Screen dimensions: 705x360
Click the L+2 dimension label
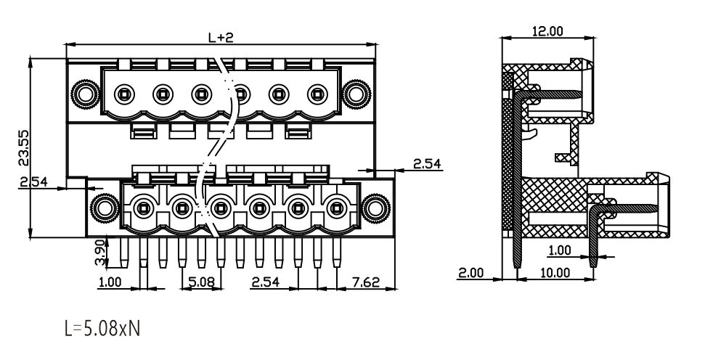pos(221,37)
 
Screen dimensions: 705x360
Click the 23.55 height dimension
pos(23,148)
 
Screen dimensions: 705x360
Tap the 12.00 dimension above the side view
pos(547,31)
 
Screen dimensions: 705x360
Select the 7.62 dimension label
pos(365,282)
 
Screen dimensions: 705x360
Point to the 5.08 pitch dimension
pos(201,282)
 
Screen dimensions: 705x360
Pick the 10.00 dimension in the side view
pos(555,273)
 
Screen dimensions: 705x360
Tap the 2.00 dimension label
pos(470,273)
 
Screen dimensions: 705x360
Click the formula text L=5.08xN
pos(102,329)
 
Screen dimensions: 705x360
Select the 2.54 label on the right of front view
pos(427,163)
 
